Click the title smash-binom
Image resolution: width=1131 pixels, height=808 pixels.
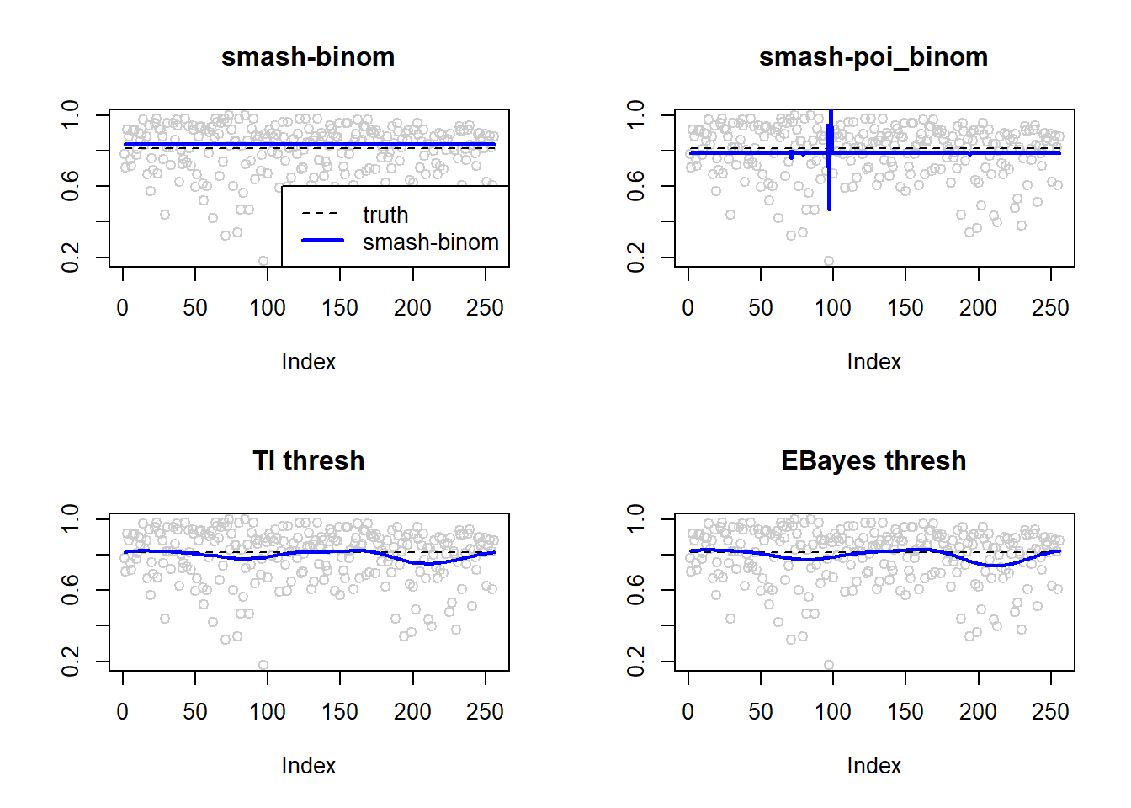pos(308,57)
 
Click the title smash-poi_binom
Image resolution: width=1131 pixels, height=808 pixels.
pos(873,57)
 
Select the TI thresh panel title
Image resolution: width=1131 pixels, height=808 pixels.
pos(308,461)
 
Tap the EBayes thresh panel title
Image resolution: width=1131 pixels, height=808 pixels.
pos(873,461)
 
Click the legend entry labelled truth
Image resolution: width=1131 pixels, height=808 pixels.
pos(385,215)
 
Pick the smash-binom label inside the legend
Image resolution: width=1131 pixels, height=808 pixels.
pos(430,242)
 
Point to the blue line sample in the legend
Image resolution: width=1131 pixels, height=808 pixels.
pos(322,241)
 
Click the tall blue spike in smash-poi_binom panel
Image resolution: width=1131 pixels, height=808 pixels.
pos(830,160)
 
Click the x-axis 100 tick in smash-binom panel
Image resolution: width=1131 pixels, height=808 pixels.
pos(268,308)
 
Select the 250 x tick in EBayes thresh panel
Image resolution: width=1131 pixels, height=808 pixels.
pos(1050,712)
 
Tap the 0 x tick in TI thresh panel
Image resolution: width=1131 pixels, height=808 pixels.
pos(123,712)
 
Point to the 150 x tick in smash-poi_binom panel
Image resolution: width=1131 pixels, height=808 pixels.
pos(905,308)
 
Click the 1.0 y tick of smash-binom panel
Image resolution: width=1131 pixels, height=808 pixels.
pos(71,114)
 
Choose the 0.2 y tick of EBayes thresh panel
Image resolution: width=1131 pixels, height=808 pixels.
pos(636,662)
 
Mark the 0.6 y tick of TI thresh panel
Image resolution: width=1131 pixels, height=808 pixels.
pos(71,590)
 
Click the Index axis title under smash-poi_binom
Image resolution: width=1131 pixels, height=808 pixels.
pos(873,362)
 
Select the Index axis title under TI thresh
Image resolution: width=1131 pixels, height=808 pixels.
pos(308,766)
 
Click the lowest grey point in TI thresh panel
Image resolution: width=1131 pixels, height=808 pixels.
pos(263,665)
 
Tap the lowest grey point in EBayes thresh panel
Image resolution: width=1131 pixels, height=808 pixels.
pos(829,665)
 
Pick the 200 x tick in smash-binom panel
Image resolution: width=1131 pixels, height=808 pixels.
pos(412,308)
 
